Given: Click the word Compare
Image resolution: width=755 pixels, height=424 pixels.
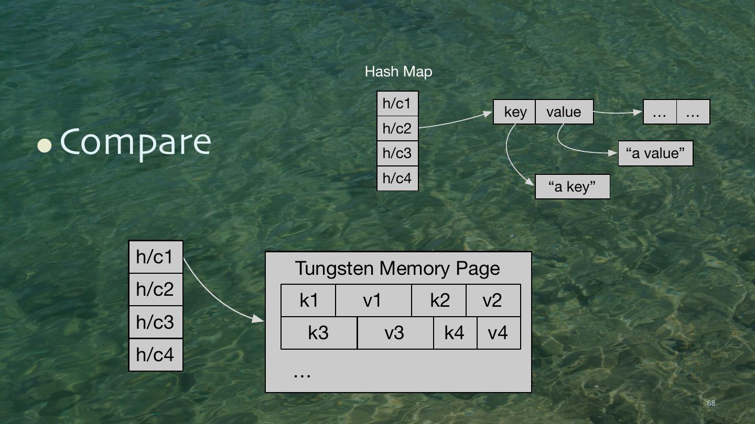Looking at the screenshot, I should click(x=136, y=142).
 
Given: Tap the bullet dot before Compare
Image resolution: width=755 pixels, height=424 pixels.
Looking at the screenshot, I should click(x=45, y=145).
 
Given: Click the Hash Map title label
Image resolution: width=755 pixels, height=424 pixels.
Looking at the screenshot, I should click(x=398, y=72).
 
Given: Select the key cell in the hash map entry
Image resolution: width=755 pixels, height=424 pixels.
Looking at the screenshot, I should click(x=514, y=112).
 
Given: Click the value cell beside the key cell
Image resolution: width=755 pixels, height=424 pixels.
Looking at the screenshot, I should click(x=564, y=112).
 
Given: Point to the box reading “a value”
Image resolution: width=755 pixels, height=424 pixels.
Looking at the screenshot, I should click(x=655, y=153).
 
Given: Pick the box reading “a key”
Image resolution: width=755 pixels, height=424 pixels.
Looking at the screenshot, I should click(x=573, y=186).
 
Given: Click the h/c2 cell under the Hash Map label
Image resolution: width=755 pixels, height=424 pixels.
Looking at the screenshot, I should click(x=397, y=128).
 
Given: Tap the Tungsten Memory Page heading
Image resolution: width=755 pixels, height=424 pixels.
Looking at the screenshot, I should click(x=398, y=268).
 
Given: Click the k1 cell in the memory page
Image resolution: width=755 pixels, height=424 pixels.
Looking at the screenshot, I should click(x=308, y=300).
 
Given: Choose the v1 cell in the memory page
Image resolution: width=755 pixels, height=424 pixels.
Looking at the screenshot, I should click(x=373, y=300).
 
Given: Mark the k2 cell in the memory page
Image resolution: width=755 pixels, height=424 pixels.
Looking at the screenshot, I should click(x=439, y=300).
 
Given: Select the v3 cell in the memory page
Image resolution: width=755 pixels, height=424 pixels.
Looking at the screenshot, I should click(x=395, y=333).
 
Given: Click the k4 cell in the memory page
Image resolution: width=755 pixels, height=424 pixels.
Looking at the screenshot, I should click(x=455, y=333).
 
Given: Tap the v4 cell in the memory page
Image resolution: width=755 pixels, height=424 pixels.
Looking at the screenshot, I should click(x=498, y=333).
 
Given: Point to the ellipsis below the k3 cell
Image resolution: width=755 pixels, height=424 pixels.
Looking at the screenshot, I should click(x=302, y=374).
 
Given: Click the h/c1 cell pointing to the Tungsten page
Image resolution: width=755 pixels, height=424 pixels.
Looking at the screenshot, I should click(x=155, y=257).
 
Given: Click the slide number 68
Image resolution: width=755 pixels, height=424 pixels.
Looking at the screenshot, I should click(x=711, y=403).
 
